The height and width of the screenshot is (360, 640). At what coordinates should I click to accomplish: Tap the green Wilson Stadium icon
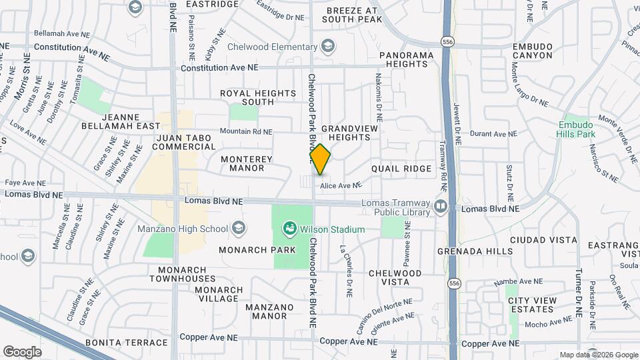[289, 229]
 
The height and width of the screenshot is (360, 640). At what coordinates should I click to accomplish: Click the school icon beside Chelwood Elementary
[327, 47]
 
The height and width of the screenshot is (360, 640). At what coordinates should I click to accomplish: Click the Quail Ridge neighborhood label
[401, 169]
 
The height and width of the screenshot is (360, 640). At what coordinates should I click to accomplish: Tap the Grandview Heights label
[350, 133]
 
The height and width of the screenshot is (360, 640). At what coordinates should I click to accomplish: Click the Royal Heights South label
[258, 97]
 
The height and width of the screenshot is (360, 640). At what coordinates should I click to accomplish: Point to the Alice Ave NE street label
[340, 185]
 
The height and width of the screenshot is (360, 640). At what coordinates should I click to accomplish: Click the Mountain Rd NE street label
[246, 132]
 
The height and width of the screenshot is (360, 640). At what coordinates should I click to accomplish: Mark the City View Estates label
[532, 305]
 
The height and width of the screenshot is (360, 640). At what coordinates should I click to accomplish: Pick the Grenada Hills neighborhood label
[467, 252]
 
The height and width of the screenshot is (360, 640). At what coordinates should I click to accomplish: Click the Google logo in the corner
[22, 352]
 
